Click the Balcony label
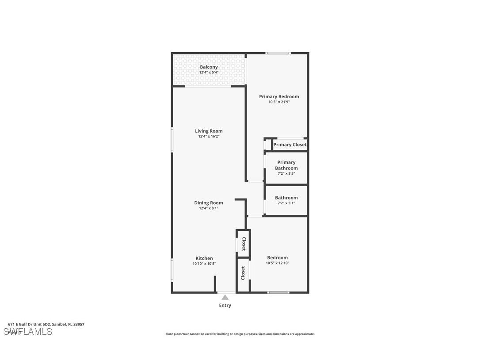[209, 67]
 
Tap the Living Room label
[209, 131]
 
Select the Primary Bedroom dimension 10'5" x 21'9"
[279, 102]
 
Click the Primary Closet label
[290, 145]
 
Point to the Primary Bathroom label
[286, 165]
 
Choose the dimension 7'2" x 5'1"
[286, 203]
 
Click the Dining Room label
[209, 203]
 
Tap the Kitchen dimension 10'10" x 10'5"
[204, 264]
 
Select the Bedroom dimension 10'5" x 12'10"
[277, 263]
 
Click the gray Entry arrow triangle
[225, 298]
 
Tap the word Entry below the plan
[225, 305]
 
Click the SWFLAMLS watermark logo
[28, 331]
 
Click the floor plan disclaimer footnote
[240, 334]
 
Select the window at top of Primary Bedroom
[278, 53]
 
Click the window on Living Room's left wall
[172, 140]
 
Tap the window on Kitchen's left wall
[172, 270]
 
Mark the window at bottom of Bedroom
[278, 292]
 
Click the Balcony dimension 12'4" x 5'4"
[209, 73]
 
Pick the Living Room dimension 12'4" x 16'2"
[209, 137]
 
